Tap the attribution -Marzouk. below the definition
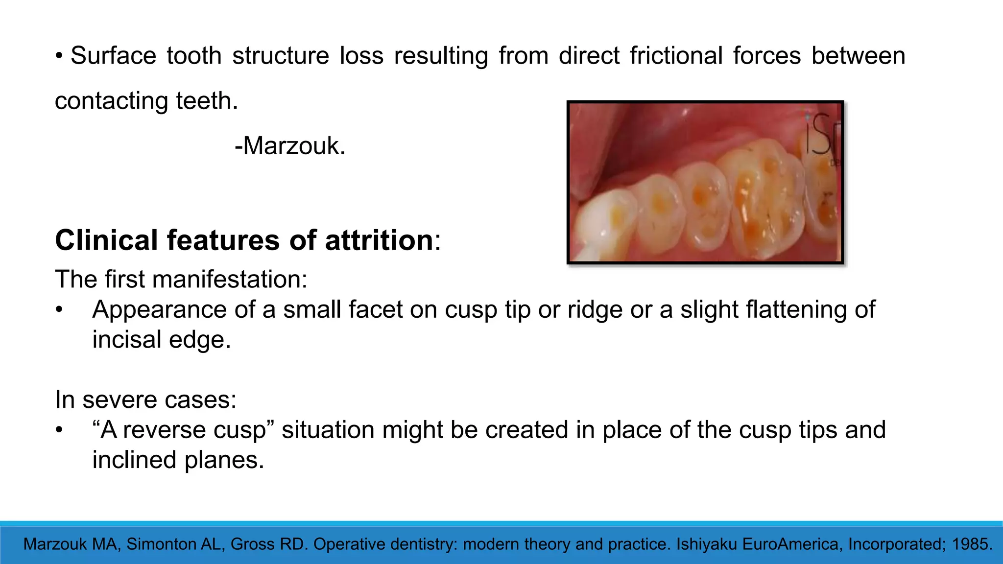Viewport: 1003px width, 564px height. coord(290,146)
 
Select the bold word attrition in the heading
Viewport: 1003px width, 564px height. coord(379,240)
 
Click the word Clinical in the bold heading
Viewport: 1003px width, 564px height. coord(106,240)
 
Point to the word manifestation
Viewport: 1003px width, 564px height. coord(230,280)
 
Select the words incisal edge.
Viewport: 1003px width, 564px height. coord(162,340)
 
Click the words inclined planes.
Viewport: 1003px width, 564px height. coord(178,460)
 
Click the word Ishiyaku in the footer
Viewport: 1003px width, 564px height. coord(706,544)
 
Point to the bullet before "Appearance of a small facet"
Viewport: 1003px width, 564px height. coord(59,310)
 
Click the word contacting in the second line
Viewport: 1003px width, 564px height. coord(113,101)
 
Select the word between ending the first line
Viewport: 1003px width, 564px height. coord(858,56)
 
